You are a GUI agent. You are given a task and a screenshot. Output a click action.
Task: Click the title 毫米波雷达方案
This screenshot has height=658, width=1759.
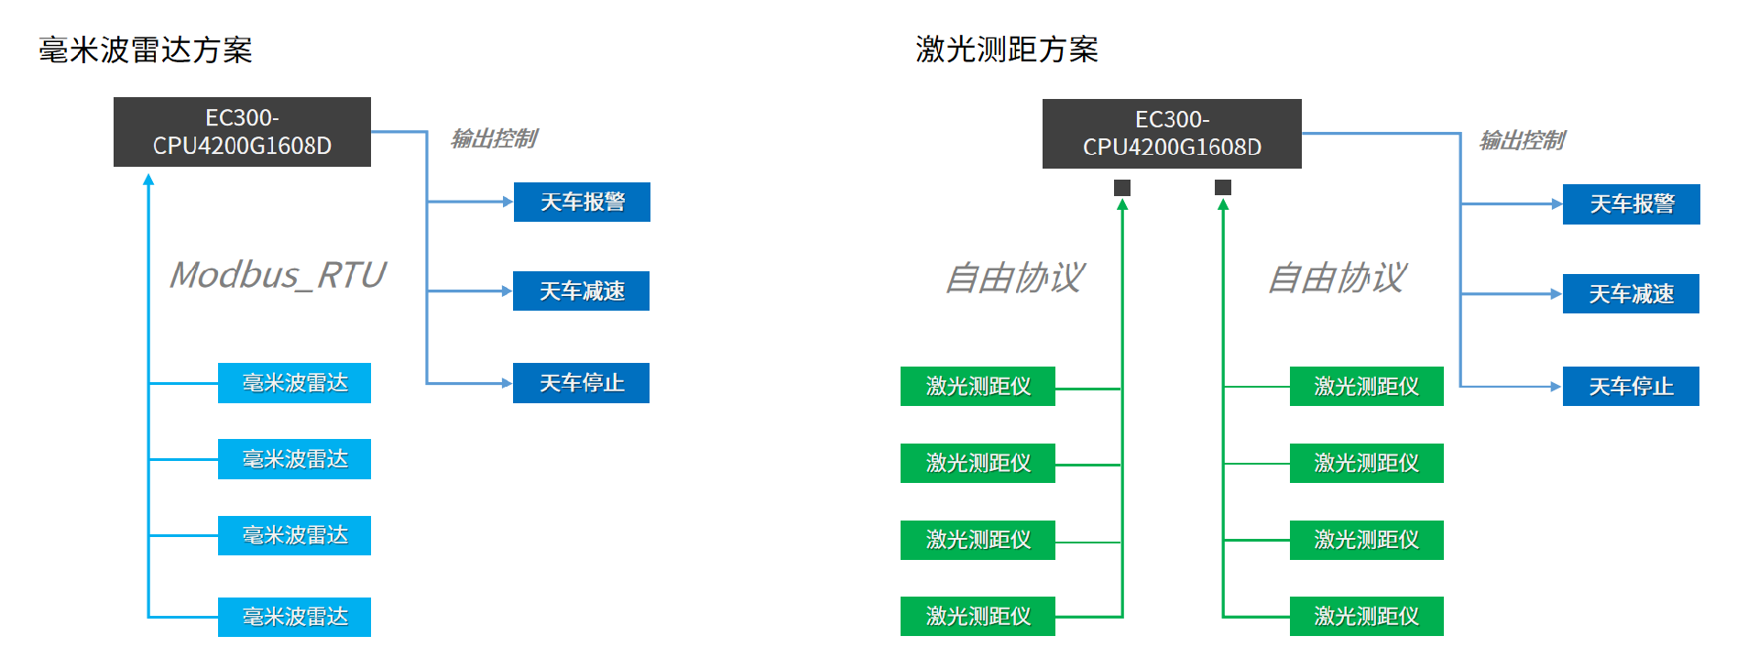[146, 49]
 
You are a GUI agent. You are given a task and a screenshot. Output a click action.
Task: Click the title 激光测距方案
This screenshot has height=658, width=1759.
[1007, 49]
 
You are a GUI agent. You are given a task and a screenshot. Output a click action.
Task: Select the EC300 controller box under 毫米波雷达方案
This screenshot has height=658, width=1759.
[242, 132]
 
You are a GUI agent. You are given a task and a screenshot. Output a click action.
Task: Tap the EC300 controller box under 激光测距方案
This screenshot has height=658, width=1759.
[1172, 134]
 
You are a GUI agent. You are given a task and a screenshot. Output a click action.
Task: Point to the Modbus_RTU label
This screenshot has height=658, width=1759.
[278, 275]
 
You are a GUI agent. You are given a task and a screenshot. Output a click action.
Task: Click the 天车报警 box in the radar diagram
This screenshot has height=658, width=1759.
[582, 202]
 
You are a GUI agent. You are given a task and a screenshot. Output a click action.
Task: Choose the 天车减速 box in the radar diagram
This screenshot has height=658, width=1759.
[581, 291]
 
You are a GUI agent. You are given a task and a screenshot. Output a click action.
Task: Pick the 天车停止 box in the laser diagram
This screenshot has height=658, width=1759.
[1631, 387]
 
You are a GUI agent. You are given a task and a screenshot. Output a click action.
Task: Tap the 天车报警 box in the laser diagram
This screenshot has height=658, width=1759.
[1632, 204]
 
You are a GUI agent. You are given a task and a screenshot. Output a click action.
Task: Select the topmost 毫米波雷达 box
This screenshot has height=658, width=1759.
[294, 383]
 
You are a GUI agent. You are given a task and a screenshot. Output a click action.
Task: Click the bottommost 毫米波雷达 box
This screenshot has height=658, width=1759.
[294, 617]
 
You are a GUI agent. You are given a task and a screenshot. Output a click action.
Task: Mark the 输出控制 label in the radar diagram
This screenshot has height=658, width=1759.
[494, 138]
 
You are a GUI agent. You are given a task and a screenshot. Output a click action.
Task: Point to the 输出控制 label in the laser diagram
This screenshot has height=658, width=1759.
[1523, 140]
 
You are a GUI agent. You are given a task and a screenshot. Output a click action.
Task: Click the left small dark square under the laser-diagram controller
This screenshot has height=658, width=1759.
[1122, 188]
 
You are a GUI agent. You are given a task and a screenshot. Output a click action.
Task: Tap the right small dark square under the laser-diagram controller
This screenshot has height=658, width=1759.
[1223, 188]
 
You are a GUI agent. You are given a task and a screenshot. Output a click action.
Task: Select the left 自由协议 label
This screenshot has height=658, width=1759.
[1015, 278]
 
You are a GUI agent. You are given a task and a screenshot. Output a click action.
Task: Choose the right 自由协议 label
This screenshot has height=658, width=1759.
[1338, 278]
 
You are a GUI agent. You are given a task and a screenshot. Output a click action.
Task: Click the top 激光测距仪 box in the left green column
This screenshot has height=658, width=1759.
[978, 386]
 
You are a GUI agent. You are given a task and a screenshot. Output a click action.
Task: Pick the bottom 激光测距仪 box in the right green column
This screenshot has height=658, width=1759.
[1366, 616]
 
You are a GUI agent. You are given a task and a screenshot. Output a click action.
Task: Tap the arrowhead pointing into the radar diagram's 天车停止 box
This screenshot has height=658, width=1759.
[507, 383]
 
